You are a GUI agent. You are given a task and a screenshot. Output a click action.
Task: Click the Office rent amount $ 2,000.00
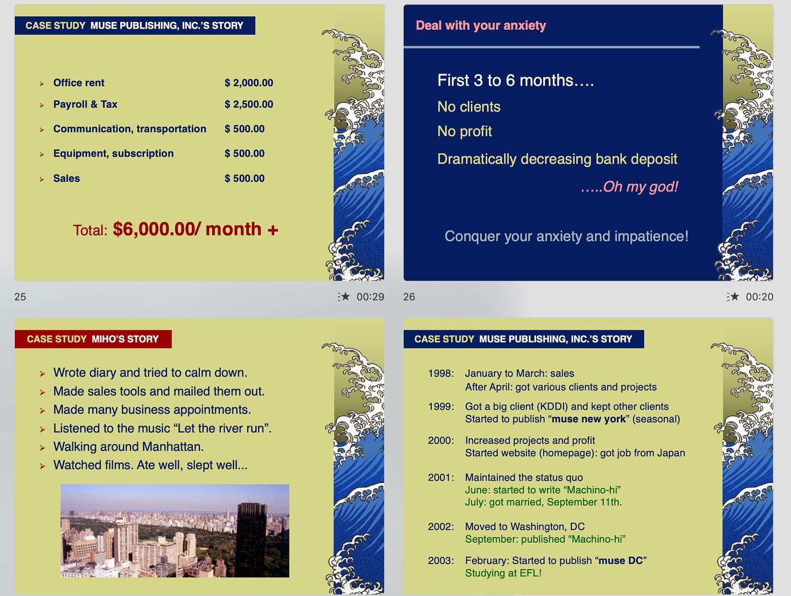click(x=248, y=83)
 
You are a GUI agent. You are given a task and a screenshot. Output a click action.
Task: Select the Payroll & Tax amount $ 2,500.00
click(x=248, y=104)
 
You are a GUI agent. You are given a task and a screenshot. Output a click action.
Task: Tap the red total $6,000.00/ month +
click(x=195, y=230)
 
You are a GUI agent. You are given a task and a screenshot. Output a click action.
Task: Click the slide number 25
click(x=20, y=297)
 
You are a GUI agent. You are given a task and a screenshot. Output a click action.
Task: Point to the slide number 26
click(x=409, y=297)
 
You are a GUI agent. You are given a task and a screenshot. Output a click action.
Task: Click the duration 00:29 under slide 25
click(x=370, y=297)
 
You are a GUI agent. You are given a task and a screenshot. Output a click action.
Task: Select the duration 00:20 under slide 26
click(x=759, y=297)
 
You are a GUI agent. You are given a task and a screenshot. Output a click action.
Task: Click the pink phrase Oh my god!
click(x=640, y=187)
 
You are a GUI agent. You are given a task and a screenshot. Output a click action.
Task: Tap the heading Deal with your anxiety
click(x=481, y=26)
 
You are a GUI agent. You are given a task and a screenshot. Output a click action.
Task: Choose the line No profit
click(x=464, y=132)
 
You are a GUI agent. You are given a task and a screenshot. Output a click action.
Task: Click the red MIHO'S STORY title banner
click(x=93, y=339)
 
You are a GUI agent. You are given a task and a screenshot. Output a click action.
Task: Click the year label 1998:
click(x=441, y=374)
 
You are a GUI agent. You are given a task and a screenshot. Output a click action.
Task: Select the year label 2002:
click(x=441, y=527)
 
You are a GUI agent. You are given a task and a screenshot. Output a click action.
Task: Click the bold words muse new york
click(x=588, y=419)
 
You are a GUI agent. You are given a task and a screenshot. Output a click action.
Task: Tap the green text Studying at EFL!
click(x=503, y=573)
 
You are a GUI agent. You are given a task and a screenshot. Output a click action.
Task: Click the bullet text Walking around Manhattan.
click(x=128, y=447)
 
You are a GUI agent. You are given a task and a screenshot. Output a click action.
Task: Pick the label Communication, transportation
click(x=130, y=129)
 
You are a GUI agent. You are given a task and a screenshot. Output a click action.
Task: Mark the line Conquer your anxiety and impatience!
click(x=566, y=236)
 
